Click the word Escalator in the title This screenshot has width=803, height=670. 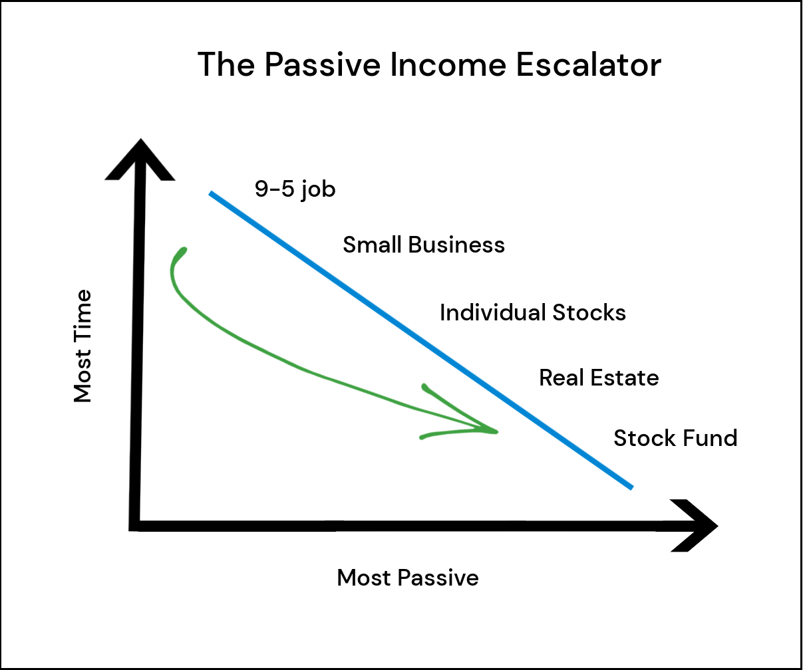588,64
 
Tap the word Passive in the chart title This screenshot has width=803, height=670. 323,64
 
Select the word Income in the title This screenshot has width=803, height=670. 448,64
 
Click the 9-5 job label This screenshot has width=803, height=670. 295,189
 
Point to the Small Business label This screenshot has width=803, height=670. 424,245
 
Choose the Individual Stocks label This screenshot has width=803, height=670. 533,312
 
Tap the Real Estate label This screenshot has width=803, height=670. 599,378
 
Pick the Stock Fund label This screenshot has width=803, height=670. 675,437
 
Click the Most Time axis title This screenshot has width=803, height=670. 82,346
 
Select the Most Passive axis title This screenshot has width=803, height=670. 408,578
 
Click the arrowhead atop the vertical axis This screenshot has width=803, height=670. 140,159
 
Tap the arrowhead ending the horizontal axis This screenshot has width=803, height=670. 694,526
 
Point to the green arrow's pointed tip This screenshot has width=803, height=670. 497,432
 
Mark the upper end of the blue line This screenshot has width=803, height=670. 211,193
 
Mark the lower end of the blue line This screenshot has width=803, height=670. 631,488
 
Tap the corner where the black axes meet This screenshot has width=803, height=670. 134,526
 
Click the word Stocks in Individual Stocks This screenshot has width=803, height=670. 589,312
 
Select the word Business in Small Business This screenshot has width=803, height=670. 456,245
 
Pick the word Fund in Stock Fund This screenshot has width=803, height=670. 709,437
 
